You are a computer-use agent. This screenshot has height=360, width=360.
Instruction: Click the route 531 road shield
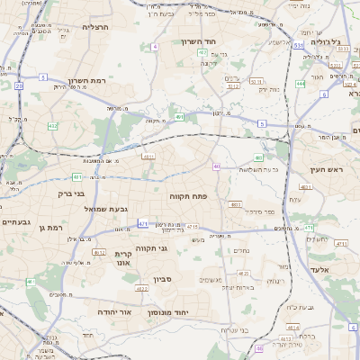[298, 44]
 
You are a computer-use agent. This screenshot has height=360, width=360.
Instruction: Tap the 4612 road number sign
[100, 252]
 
